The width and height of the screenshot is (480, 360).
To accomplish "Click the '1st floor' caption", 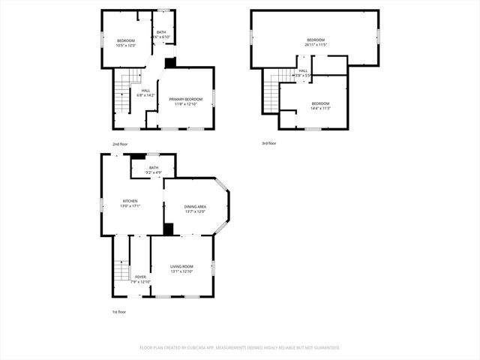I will [119, 312].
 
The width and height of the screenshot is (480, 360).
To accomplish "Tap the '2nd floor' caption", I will [119, 144].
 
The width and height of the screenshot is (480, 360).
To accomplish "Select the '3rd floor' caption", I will [269, 142].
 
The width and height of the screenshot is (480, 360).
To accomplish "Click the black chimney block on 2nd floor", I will [170, 63].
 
